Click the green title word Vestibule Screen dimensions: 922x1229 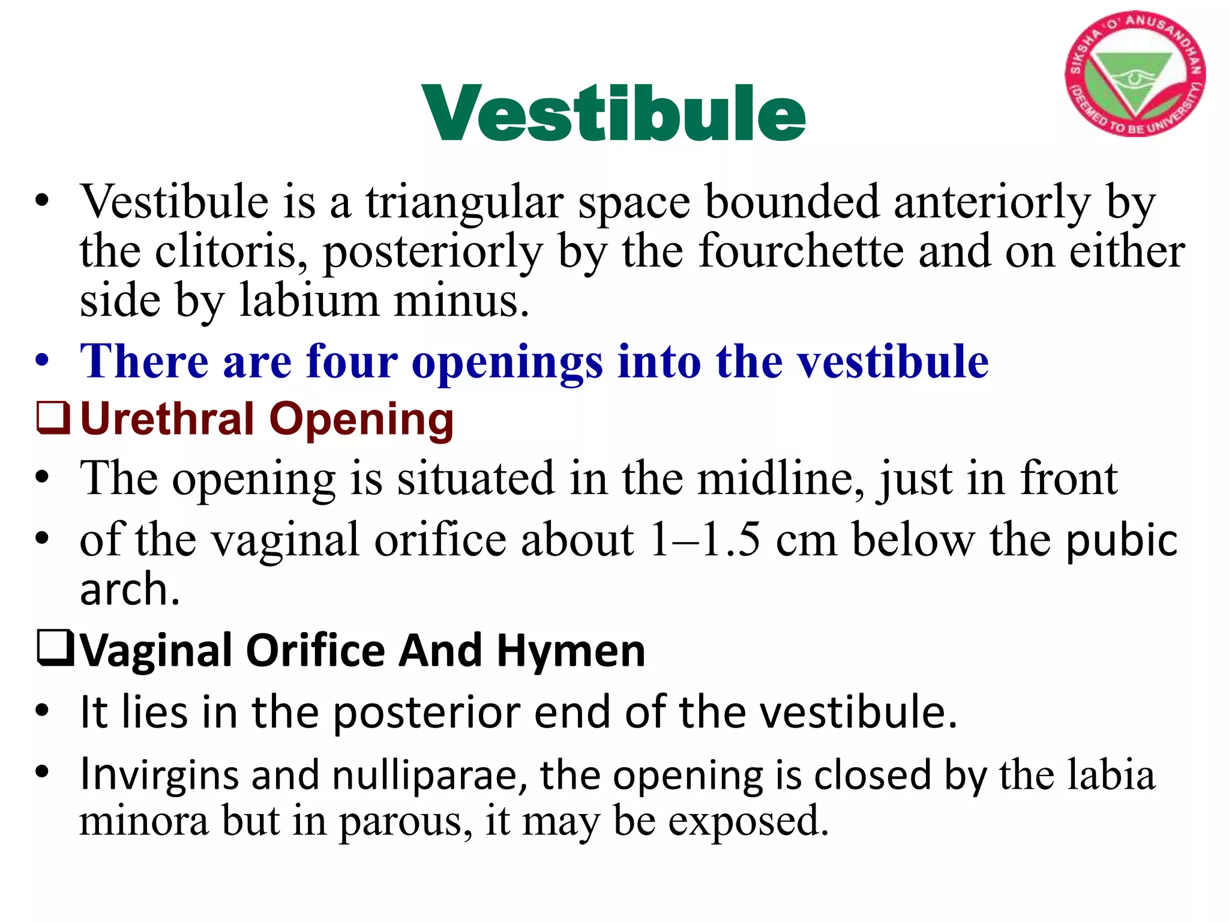[613, 114]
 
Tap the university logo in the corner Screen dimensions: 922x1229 [1134, 74]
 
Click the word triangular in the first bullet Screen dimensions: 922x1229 [464, 202]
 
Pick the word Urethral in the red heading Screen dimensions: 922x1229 [167, 419]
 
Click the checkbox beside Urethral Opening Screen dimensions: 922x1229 [53, 418]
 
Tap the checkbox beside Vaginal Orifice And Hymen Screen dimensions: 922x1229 [55, 649]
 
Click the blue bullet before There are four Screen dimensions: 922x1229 [41, 362]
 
